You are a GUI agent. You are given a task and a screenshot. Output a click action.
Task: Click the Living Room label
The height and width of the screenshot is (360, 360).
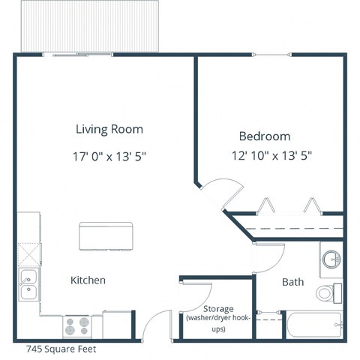pyautogui.click(x=109, y=129)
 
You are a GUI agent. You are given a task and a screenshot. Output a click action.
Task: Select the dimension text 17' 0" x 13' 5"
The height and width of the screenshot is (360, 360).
pyautogui.click(x=109, y=157)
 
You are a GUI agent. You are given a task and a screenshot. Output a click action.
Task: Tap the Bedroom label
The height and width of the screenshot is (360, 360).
pyautogui.click(x=264, y=136)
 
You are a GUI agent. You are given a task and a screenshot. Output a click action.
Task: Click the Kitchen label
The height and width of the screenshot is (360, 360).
pyautogui.click(x=88, y=280)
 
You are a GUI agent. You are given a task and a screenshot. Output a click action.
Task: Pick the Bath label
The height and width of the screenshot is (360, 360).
pyautogui.click(x=292, y=283)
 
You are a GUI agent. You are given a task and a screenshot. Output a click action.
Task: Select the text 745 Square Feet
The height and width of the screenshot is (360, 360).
pyautogui.click(x=61, y=349)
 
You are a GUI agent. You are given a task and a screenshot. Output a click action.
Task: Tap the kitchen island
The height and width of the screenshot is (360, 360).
pyautogui.click(x=105, y=236)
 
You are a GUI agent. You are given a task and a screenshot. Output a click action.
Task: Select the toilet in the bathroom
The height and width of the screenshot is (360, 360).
pyautogui.click(x=328, y=292)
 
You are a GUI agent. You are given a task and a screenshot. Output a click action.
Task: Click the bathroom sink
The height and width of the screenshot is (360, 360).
pyautogui.click(x=331, y=259)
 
